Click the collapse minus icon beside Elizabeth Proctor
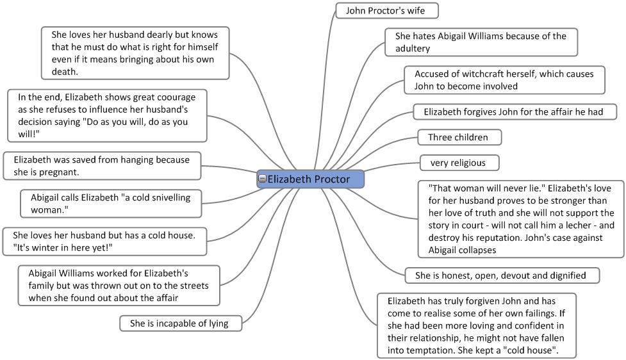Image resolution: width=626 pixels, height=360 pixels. coord(262,179)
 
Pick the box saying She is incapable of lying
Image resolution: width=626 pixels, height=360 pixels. coord(181,323)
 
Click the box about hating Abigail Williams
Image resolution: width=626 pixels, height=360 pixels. coord(481,42)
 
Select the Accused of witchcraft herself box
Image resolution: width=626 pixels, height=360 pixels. coord(504,80)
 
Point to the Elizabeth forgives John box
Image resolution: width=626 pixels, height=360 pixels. coord(514,112)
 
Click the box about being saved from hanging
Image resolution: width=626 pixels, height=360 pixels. coord(101,165)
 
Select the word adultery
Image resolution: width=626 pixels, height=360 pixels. coord(413,49)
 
